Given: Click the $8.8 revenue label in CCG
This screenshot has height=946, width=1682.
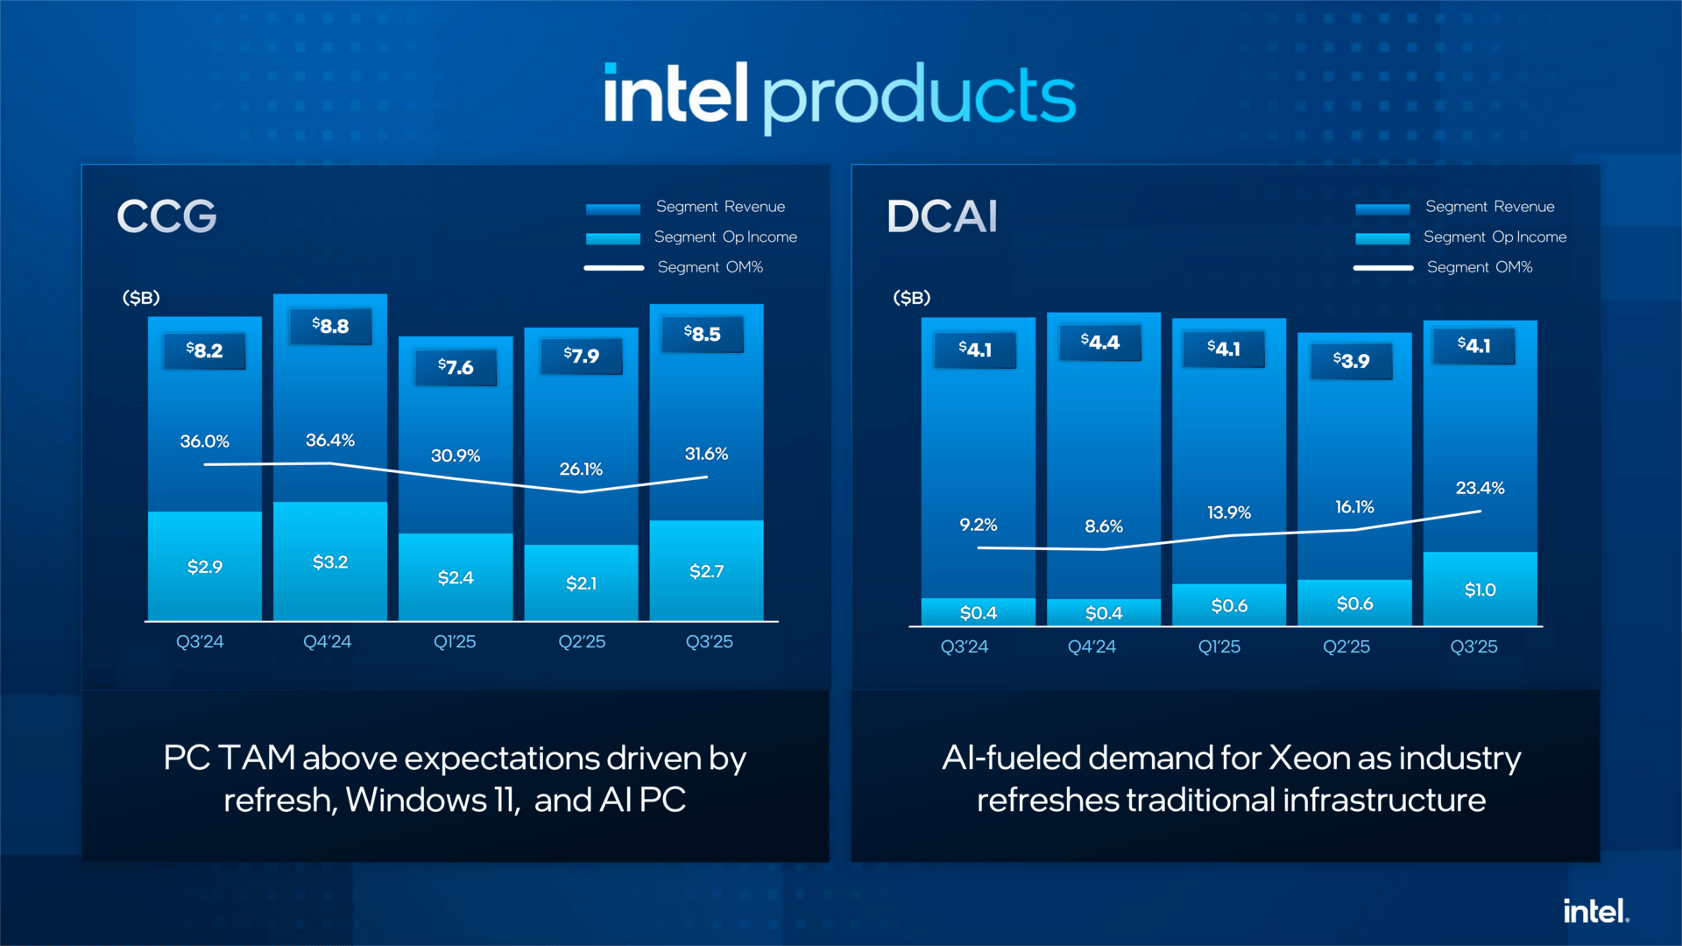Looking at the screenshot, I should [x=330, y=326].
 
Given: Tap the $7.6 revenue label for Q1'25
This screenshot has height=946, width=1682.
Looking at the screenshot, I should [x=456, y=367].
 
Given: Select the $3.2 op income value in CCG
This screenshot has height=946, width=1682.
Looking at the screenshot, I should [x=330, y=562].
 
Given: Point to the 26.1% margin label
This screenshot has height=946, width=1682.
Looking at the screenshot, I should [x=581, y=469].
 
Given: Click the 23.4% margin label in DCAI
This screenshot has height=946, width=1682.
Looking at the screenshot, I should [x=1480, y=488].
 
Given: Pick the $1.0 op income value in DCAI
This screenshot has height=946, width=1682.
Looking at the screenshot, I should [x=1480, y=589].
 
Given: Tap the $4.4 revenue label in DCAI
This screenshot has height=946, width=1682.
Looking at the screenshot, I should [x=1100, y=342].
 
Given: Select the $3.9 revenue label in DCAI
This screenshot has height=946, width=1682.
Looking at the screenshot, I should [x=1351, y=360].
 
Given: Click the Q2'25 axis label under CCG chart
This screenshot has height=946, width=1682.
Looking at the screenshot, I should [x=582, y=642].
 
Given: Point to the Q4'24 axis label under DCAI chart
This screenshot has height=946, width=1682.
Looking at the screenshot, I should [x=1092, y=646].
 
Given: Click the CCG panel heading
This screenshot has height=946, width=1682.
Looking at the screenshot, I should [x=166, y=215].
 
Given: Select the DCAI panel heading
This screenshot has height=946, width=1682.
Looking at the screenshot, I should [x=942, y=215].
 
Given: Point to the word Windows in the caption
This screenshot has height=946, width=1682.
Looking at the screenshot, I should [x=416, y=800].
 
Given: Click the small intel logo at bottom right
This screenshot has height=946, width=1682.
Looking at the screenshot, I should [x=1595, y=911].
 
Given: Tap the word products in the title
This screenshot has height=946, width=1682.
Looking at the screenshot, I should [x=918, y=96].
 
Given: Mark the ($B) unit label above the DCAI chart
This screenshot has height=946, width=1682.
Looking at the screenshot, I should [x=911, y=298].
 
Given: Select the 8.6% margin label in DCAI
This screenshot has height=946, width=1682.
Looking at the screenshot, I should [x=1103, y=526].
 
